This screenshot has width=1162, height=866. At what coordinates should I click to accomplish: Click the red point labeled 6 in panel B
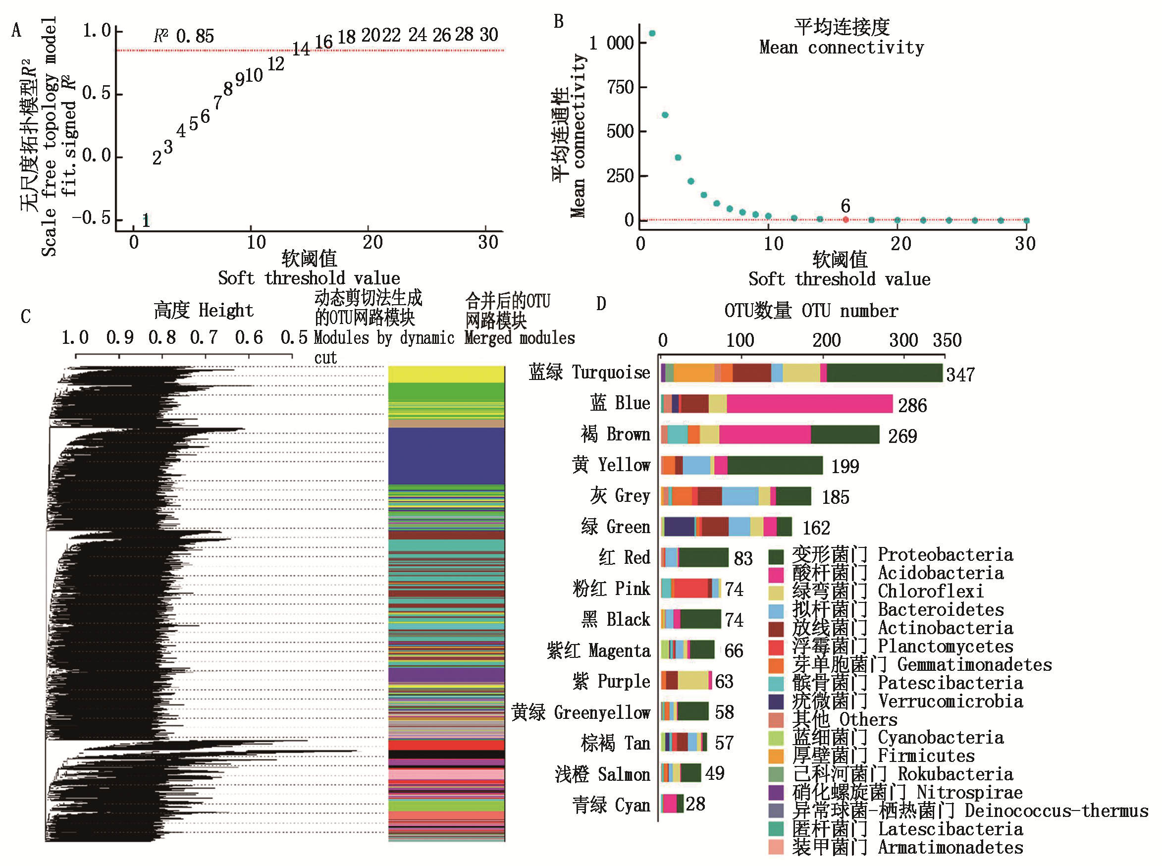point(845,219)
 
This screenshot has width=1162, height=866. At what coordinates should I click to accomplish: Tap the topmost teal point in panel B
point(651,34)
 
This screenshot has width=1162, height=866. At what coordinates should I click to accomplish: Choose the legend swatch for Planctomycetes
point(775,648)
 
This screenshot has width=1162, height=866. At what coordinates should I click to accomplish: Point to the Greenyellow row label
point(580,712)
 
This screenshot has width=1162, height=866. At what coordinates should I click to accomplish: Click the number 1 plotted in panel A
point(146,220)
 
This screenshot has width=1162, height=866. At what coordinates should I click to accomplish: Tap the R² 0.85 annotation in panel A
point(184,36)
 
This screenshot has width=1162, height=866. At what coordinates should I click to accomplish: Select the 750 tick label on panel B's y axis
point(620,87)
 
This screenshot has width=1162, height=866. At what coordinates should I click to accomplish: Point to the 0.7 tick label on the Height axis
point(204,337)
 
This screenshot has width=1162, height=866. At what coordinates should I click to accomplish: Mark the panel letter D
point(601,304)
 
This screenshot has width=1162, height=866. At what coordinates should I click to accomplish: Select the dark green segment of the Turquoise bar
point(884,373)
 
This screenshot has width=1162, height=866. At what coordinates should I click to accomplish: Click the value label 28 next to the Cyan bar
point(695,804)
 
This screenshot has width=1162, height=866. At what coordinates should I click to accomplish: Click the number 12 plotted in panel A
point(276,64)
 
